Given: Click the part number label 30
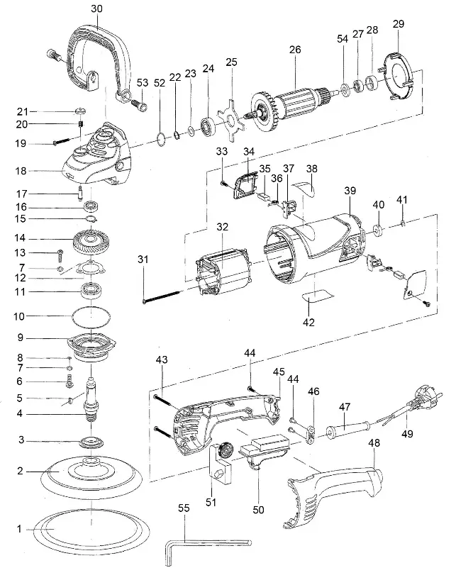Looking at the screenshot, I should pyautogui.click(x=96, y=9).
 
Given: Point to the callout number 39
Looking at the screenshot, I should pyautogui.click(x=350, y=192).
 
